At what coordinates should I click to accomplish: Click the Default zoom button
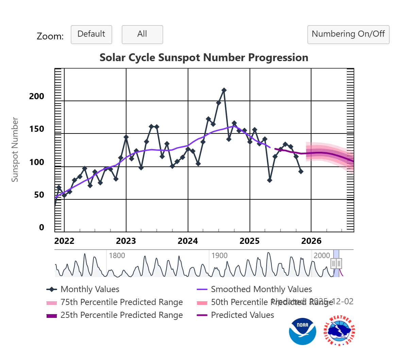91,34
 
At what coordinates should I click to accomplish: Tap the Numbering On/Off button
348,34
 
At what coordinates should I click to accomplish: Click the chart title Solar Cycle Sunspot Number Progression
204,57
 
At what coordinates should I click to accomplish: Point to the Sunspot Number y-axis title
15,149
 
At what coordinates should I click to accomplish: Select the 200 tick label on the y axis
37,96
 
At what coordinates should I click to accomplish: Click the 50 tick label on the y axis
39,195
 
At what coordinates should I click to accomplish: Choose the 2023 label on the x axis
126,241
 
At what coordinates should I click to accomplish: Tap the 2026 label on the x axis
311,241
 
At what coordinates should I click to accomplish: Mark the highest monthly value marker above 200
224,90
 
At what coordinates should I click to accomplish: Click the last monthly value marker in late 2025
301,172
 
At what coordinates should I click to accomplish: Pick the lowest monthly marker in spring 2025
270,180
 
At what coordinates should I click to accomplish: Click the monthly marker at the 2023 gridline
126,137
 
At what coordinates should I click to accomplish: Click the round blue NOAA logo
302,331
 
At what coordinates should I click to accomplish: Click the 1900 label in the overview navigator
219,255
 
